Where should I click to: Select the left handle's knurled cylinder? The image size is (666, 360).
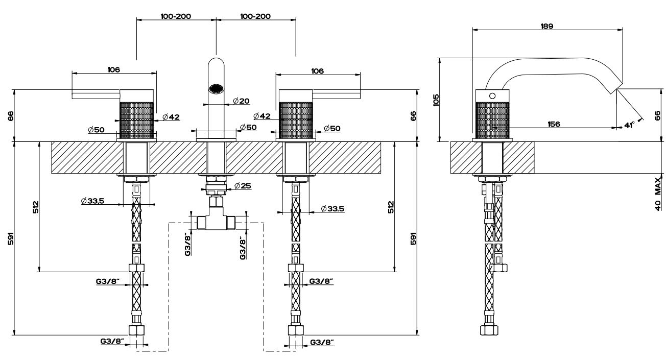tap(137, 119)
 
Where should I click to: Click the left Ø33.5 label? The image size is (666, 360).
tap(92, 201)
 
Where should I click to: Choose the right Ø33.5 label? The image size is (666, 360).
tap(332, 208)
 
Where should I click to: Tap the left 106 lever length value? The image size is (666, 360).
tap(113, 70)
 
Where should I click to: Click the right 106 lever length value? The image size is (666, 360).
tap(317, 71)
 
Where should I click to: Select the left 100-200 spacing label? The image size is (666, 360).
tap(176, 16)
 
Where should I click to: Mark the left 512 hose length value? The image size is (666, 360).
tap(36, 207)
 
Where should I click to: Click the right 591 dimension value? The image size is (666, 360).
tap(413, 238)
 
